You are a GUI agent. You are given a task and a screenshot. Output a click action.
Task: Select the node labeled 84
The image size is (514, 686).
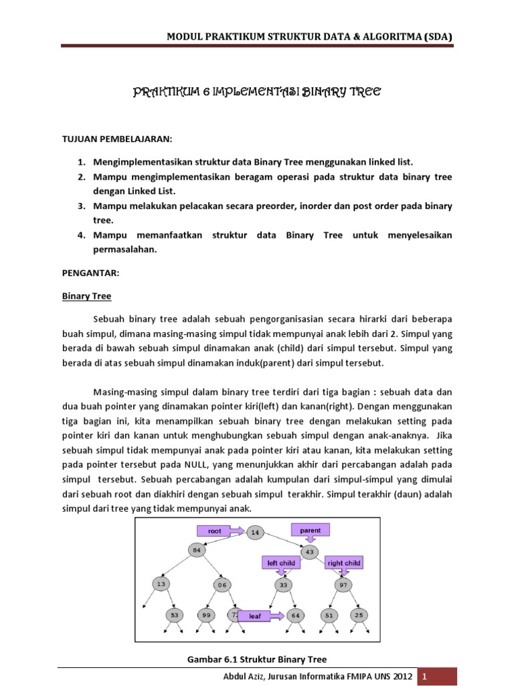click(x=197, y=550)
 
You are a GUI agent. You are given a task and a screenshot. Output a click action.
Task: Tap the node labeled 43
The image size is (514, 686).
click(x=309, y=551)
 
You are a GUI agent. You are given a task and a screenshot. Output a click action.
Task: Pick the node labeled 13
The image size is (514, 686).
click(x=161, y=584)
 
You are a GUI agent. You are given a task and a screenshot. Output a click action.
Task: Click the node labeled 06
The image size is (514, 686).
click(x=222, y=584)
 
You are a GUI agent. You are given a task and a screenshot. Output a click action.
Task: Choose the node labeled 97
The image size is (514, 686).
click(x=342, y=584)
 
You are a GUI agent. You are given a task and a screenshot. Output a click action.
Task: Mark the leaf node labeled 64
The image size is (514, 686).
click(x=296, y=615)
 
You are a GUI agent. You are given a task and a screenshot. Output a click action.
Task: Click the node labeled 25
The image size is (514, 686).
click(x=359, y=615)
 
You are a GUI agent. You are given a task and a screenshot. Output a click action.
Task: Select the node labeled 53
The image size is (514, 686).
click(x=175, y=615)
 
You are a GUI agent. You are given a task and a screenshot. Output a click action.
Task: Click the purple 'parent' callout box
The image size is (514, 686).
click(x=310, y=530)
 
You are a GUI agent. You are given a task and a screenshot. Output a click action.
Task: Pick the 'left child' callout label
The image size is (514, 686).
click(x=281, y=563)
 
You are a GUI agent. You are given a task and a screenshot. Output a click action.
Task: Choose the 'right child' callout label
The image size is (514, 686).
click(x=344, y=563)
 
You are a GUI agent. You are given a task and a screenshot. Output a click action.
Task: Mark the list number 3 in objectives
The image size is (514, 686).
click(x=80, y=206)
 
